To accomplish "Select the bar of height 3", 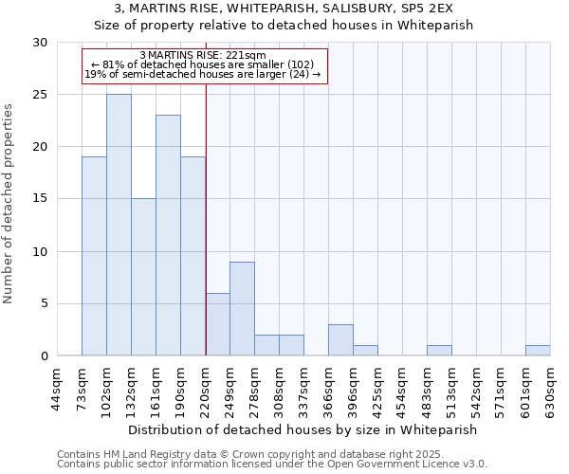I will (x=340, y=339).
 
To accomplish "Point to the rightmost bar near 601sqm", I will (x=538, y=350).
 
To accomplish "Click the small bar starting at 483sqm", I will (x=439, y=350).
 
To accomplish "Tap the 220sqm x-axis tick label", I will (x=206, y=389).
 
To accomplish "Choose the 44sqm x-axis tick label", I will (x=57, y=389).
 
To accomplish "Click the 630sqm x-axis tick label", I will (x=551, y=389).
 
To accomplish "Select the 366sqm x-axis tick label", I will (x=329, y=389).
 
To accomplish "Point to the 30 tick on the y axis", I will (x=39, y=43).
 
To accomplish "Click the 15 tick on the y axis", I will (x=39, y=199).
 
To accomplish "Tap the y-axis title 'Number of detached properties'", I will (x=9, y=204).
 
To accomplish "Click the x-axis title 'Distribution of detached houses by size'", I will (x=303, y=429).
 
